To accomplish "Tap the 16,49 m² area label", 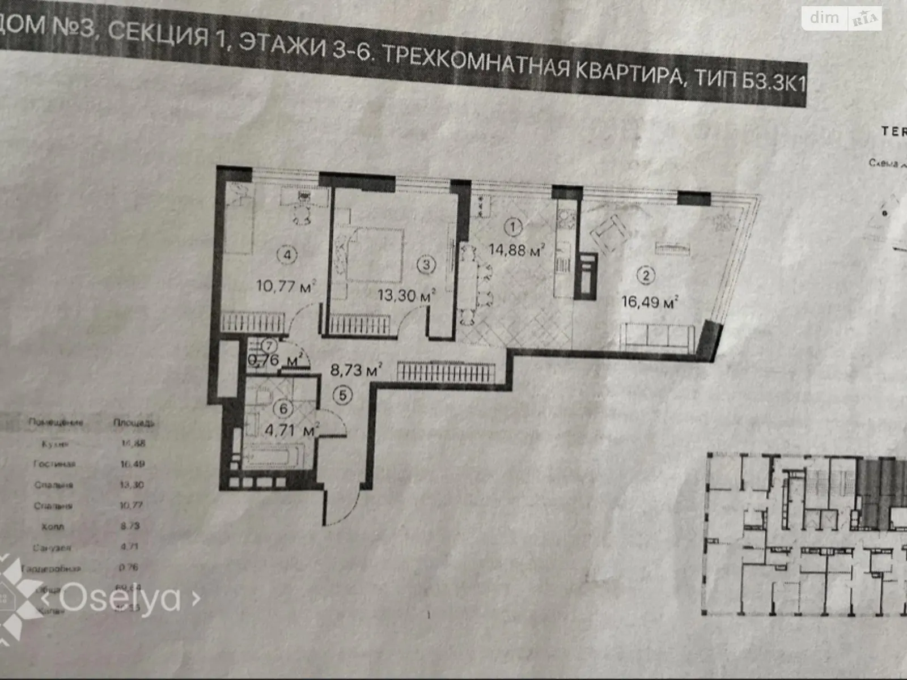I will pos(650,301).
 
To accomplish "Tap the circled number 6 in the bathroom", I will pos(283,409).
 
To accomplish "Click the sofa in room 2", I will pos(656,336).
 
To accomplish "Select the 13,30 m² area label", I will pos(406,295).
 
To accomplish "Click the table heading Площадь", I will pos(134,423).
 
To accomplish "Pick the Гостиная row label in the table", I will pos(54,464).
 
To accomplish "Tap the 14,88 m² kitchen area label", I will pos(516,250).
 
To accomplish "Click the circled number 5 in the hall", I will pos(343,395).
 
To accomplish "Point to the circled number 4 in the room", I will pos(287,255).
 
